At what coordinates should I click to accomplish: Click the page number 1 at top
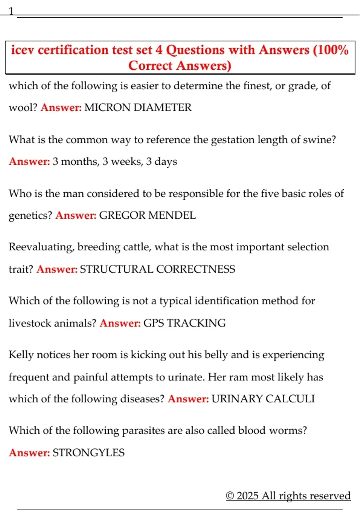tap(11, 11)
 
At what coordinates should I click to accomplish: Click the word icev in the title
tap(22, 50)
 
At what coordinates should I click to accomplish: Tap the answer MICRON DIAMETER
tap(138, 107)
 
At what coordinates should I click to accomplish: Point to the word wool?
tap(23, 107)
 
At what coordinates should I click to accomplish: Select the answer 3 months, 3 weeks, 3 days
tap(115, 161)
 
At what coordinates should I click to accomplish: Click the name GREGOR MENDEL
tap(147, 215)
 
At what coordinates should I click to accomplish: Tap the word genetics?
tap(30, 215)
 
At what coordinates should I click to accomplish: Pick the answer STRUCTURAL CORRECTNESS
tap(157, 269)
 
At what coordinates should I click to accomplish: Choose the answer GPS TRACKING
tap(184, 323)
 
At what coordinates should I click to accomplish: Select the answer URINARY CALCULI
tap(263, 399)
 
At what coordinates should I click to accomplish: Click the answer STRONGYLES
tap(88, 452)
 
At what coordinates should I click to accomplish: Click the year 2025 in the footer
tap(247, 496)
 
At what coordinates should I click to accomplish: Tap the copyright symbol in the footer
tap(230, 496)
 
